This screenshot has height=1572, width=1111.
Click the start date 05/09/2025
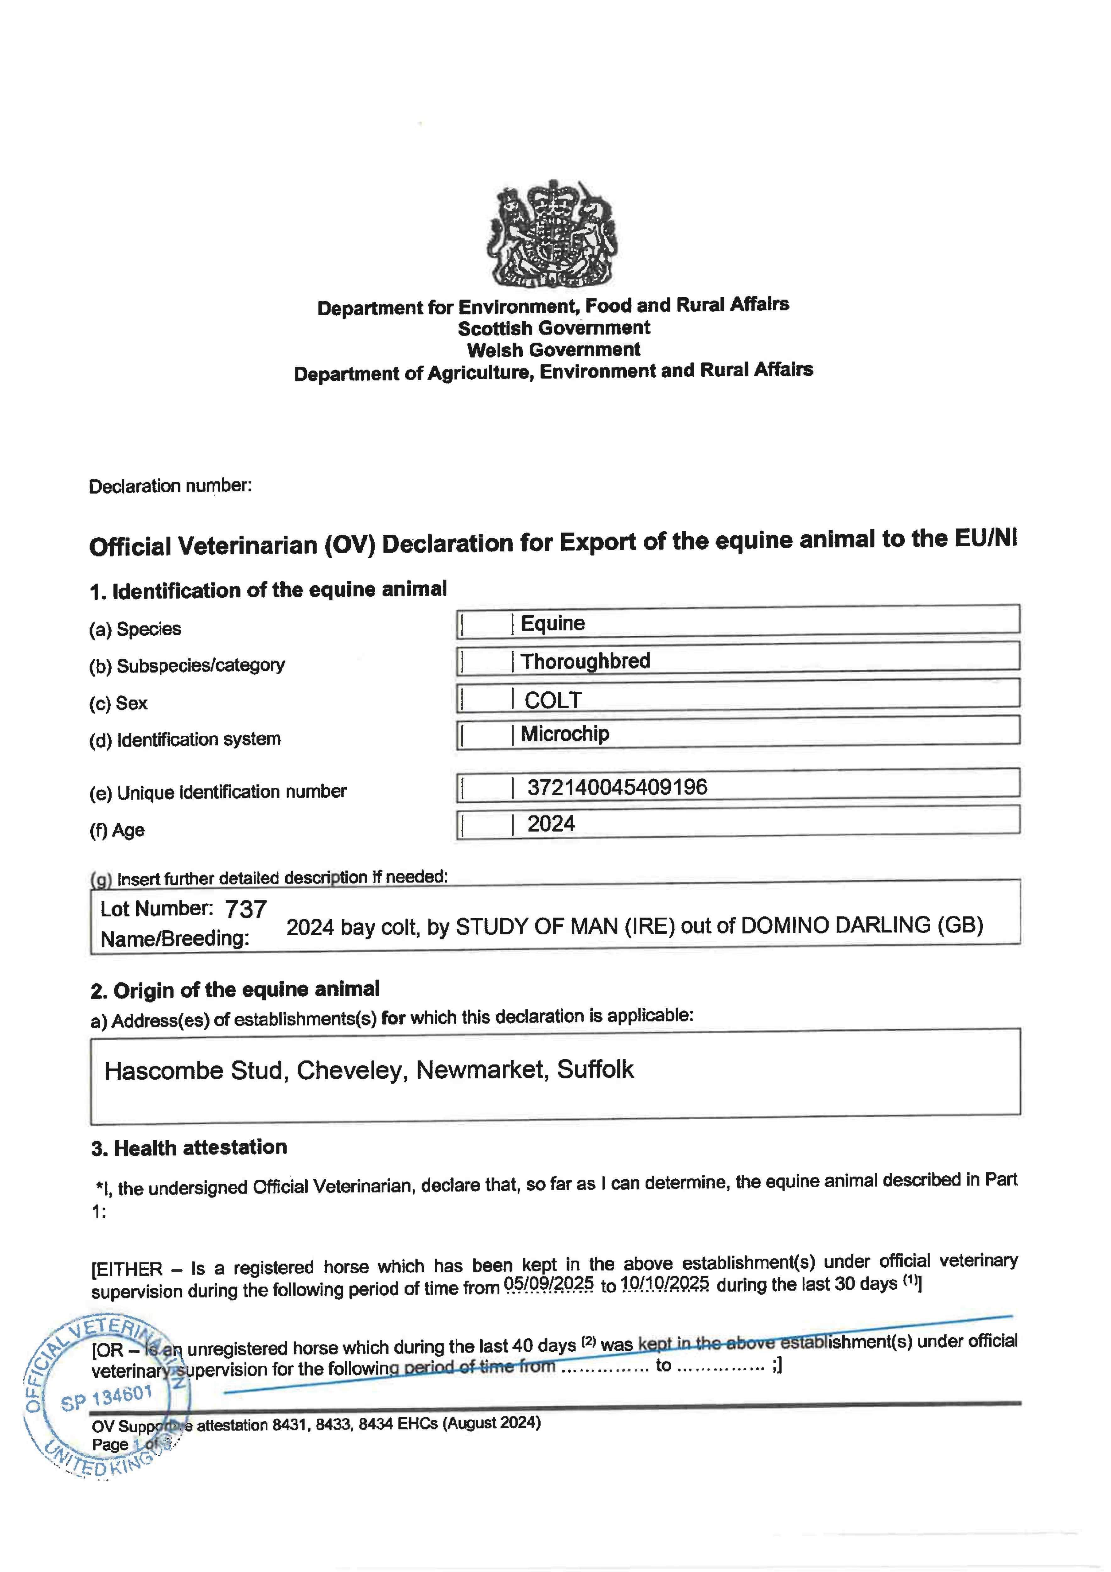point(548,1283)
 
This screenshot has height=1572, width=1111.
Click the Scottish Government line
point(554,328)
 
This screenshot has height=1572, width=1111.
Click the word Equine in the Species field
point(553,623)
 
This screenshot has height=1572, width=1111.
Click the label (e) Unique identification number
point(218,792)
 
